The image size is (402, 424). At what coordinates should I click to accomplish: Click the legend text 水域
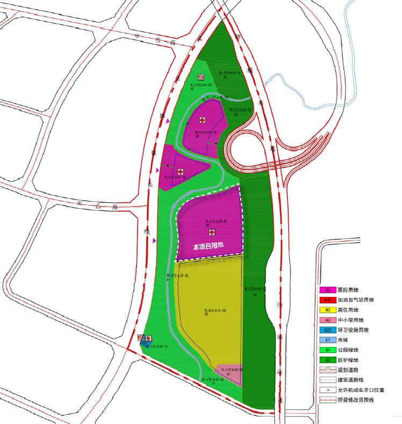pyautogui.click(x=344, y=340)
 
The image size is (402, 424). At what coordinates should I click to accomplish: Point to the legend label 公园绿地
pyautogui.click(x=349, y=350)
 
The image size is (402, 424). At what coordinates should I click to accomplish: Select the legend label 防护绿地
pyautogui.click(x=349, y=360)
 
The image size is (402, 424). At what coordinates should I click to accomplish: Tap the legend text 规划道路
pyautogui.click(x=349, y=370)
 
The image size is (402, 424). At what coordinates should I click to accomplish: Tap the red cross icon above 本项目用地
pyautogui.click(x=212, y=233)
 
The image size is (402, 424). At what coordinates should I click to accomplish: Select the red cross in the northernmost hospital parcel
pyautogui.click(x=203, y=120)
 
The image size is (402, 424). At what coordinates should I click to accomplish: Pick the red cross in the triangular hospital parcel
pyautogui.click(x=181, y=171)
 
